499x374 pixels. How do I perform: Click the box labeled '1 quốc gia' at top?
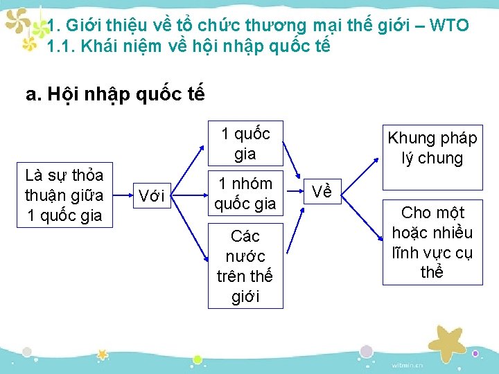(245, 143)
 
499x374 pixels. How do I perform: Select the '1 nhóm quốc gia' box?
(245, 193)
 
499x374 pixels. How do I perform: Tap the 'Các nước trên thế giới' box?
(245, 266)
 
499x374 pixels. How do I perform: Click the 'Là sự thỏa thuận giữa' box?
(63, 195)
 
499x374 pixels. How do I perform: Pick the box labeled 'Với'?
(151, 196)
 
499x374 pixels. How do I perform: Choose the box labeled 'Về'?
(322, 191)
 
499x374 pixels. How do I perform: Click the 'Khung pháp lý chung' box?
(432, 148)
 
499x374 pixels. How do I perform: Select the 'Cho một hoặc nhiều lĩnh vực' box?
(432, 242)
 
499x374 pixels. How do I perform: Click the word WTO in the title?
(449, 26)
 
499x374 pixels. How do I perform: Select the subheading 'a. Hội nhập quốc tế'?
(115, 94)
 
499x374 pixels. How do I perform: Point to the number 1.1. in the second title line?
(60, 47)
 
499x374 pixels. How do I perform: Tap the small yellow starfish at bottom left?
(103, 354)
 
